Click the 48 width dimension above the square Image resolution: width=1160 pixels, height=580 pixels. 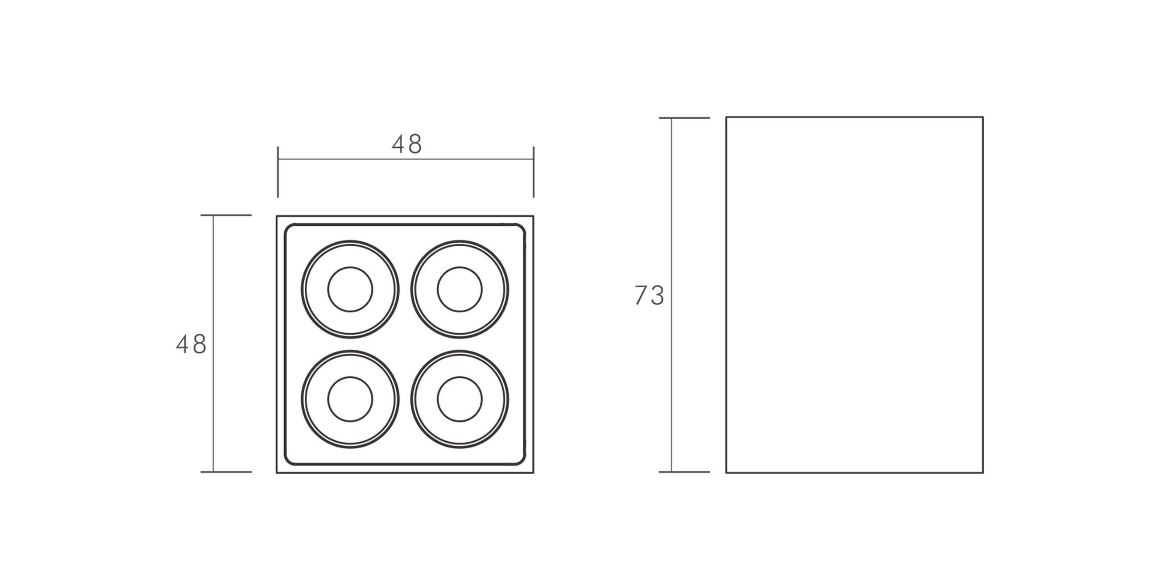click(406, 144)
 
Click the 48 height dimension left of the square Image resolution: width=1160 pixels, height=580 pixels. click(191, 344)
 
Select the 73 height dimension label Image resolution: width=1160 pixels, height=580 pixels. click(649, 295)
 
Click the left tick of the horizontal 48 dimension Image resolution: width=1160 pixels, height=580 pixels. click(278, 172)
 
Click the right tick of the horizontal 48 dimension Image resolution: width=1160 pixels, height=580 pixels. click(534, 172)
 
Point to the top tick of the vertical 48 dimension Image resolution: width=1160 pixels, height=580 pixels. click(226, 215)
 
